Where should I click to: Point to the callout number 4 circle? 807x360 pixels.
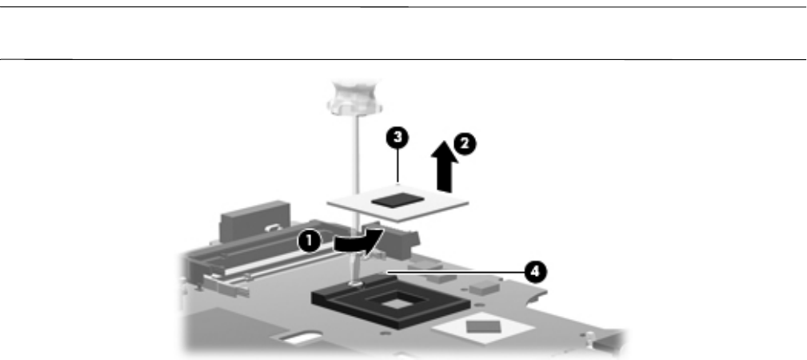coord(537,271)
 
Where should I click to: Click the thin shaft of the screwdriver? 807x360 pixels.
coord(350,160)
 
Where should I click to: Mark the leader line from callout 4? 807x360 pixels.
coord(456,273)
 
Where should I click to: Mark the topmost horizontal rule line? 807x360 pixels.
coord(403,8)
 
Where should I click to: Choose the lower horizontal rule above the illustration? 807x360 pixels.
coord(403,59)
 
